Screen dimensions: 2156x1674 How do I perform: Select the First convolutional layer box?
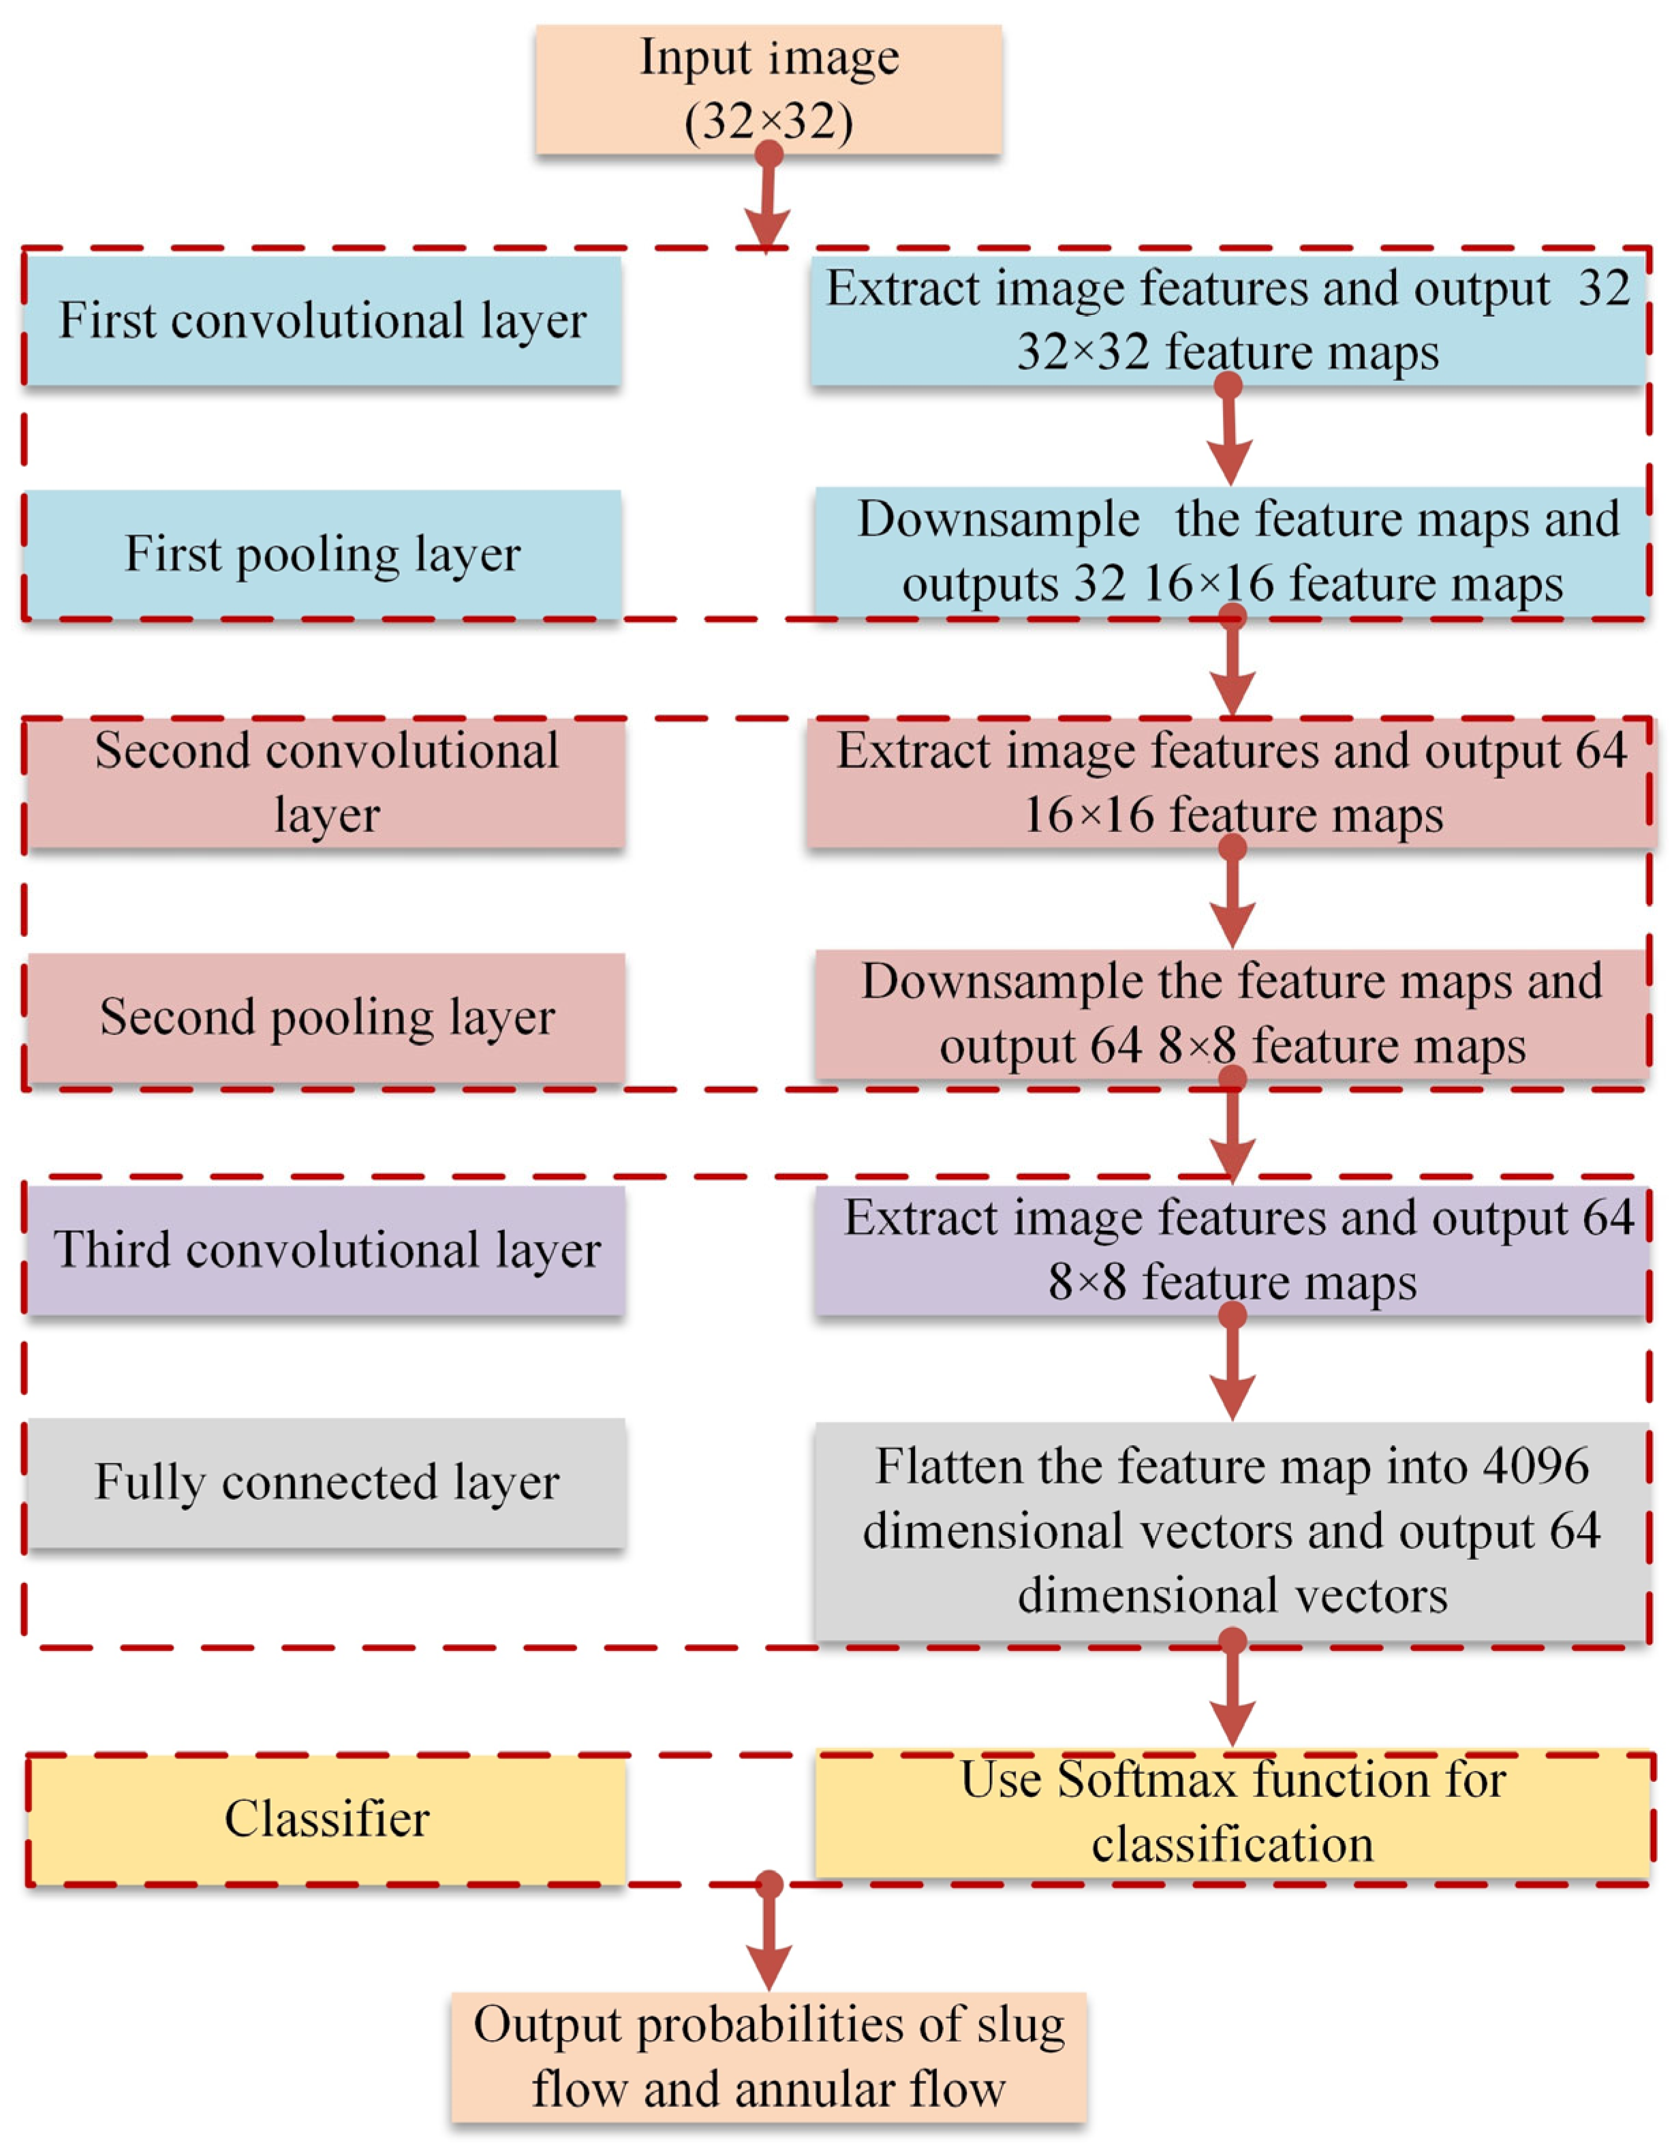323,321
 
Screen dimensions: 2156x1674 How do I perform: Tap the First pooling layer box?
323,554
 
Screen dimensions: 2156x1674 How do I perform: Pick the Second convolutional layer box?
326,783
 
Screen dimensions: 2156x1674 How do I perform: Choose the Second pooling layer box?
326,1017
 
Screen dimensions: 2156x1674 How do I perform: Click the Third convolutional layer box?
326,1250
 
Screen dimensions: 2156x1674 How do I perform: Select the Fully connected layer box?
326,1482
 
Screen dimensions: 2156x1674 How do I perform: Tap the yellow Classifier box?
326,1819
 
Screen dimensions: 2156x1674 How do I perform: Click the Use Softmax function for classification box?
1232,1813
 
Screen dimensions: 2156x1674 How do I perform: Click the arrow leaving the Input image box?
767,202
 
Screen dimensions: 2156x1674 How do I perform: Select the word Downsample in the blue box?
998,519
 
